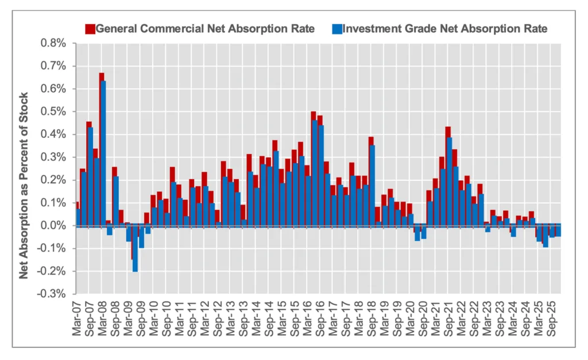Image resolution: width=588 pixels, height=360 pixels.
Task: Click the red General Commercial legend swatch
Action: click(90, 29)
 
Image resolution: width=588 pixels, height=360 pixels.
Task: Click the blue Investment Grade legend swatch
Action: click(337, 29)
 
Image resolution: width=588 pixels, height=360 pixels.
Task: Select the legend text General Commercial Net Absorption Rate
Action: click(205, 29)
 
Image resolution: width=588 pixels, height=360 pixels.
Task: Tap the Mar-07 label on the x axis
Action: click(78, 317)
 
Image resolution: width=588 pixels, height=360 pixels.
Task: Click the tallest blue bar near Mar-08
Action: click(103, 153)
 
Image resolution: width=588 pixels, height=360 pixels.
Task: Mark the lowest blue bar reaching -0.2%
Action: click(135, 248)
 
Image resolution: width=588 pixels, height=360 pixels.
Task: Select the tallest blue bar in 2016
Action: click(315, 172)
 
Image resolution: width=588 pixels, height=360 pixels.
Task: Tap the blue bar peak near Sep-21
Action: click(449, 181)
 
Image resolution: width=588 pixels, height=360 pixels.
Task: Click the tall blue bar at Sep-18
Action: click(372, 185)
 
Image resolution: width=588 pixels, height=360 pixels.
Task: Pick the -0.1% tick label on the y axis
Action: click(53, 249)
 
